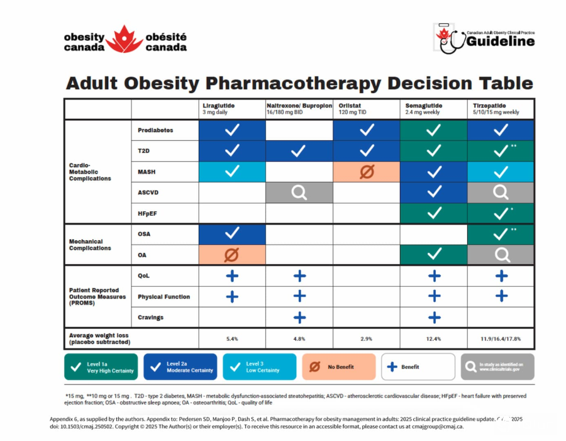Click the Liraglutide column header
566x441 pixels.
[x=219, y=106]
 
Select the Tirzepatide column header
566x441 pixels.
[x=490, y=106]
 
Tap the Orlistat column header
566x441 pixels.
[x=352, y=106]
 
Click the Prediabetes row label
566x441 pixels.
[x=155, y=130]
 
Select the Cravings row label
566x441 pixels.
[x=151, y=317]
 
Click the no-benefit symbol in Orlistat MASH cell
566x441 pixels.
[x=367, y=172]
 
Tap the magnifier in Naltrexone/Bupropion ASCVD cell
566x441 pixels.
[x=299, y=193]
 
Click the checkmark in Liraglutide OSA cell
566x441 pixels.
[x=232, y=233]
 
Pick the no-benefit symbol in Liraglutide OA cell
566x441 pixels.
[x=232, y=254]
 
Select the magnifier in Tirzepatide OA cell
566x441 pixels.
[x=501, y=254]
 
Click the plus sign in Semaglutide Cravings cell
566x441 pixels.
[x=433, y=317]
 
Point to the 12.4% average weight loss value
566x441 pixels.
[x=433, y=338]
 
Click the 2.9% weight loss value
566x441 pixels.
[x=367, y=338]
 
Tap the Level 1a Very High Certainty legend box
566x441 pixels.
[x=101, y=367]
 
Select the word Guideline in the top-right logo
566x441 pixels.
[x=501, y=42]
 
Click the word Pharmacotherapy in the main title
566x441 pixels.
[x=292, y=83]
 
